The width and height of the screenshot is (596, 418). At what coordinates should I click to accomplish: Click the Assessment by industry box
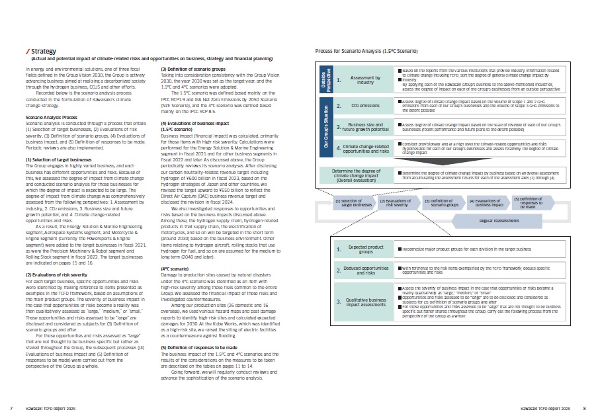pyautogui.click(x=364, y=79)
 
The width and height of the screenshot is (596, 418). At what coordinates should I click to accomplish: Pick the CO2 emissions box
pyautogui.click(x=364, y=105)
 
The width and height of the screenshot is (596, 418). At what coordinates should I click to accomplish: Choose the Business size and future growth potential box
pyautogui.click(x=364, y=126)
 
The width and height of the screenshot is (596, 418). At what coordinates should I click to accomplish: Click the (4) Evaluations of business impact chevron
pyautogui.click(x=485, y=203)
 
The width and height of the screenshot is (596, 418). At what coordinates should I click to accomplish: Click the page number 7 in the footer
pyautogui.click(x=12, y=408)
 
